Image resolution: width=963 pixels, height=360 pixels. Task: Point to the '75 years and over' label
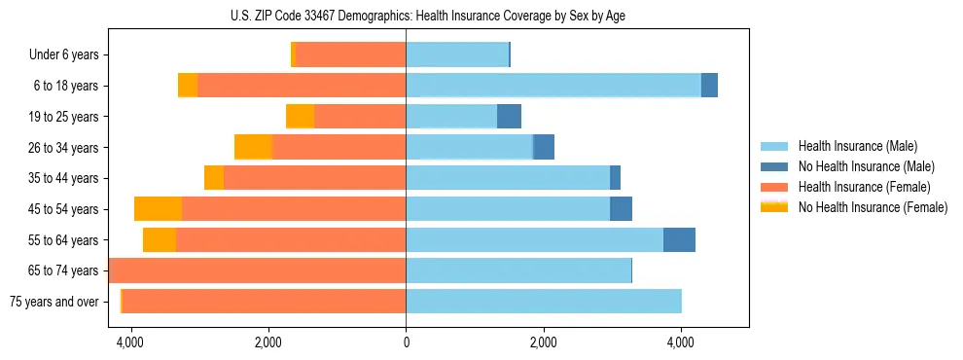pyautogui.click(x=53, y=302)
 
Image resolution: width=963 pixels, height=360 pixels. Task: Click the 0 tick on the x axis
pyautogui.click(x=406, y=342)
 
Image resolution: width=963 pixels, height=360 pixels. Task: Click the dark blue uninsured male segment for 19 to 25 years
pyautogui.click(x=509, y=117)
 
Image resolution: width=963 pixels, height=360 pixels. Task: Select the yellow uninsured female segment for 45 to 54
pyautogui.click(x=158, y=209)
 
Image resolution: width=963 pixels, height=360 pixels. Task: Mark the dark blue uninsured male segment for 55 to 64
pyautogui.click(x=679, y=240)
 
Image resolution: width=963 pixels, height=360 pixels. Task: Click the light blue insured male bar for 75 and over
pyautogui.click(x=543, y=302)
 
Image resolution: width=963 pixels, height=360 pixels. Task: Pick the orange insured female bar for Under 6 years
pyautogui.click(x=350, y=55)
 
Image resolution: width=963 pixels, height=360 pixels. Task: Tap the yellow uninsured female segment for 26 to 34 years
pyautogui.click(x=253, y=148)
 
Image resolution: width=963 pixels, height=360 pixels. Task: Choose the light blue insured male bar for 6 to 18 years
pyautogui.click(x=553, y=86)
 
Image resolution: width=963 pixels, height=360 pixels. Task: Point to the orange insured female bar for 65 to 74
pyautogui.click(x=258, y=270)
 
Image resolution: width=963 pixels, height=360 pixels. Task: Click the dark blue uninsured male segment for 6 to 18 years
pyautogui.click(x=709, y=86)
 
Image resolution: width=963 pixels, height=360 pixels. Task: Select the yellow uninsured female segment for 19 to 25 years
pyautogui.click(x=300, y=117)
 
